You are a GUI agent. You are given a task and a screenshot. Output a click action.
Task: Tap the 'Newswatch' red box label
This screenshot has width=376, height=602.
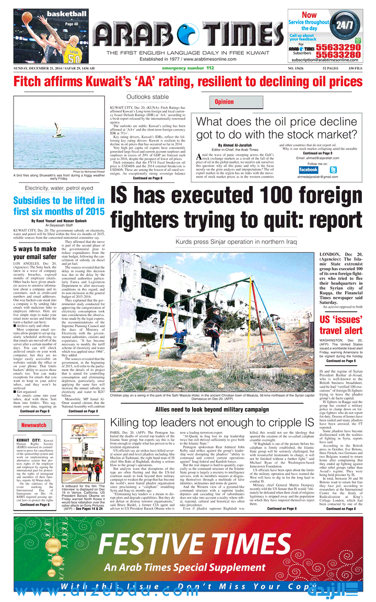[x=33, y=425]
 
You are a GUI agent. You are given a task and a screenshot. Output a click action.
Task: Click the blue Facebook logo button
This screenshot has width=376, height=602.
[x=308, y=169]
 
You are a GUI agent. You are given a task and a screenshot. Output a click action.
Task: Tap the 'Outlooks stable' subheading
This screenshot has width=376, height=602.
[x=148, y=97]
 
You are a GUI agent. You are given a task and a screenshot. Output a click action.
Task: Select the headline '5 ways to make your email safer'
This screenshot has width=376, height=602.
[x=34, y=252]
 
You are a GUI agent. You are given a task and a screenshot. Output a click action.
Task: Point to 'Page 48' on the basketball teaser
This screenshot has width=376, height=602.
[x=72, y=24]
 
